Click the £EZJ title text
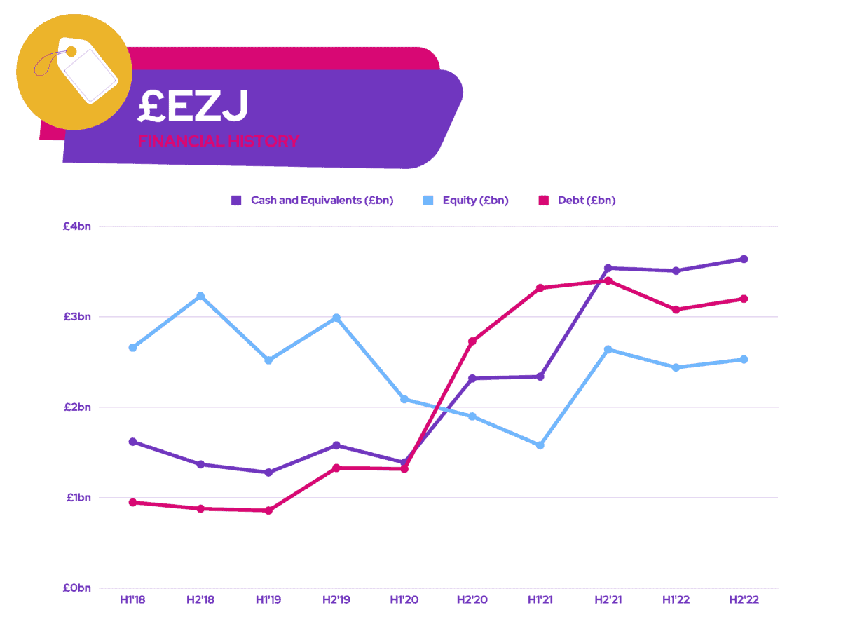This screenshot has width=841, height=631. coord(193,106)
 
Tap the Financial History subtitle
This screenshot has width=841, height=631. coord(218,142)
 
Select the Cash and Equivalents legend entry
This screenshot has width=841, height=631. coord(313,201)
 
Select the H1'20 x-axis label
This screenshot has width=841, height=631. coord(404,601)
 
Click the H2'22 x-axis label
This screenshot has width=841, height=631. coord(744,601)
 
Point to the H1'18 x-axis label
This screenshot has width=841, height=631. coord(132,601)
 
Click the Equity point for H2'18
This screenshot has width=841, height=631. coord(200,297)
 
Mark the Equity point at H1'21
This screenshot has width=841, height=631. coord(540,445)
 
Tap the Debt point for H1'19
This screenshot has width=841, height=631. coord(268,510)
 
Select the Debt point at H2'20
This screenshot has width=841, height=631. coord(472,341)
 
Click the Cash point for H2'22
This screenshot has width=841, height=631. coord(744,259)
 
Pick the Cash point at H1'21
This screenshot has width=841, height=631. coord(540,376)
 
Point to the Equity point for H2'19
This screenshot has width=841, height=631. coord(336,318)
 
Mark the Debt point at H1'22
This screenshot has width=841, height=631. coord(676,309)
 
